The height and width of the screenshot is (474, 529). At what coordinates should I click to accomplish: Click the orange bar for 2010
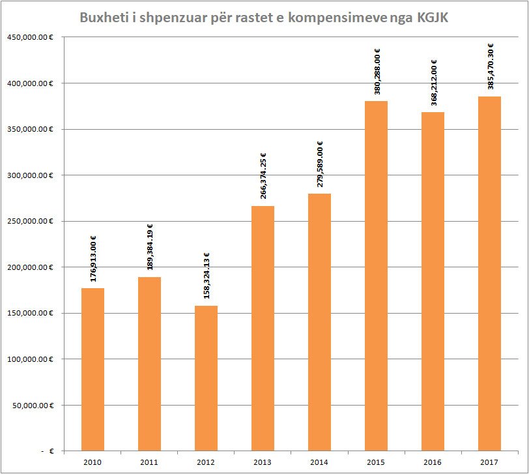(x=93, y=369)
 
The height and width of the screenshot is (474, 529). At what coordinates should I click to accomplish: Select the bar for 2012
(x=206, y=378)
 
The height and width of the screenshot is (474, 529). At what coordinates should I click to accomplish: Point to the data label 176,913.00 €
(x=93, y=259)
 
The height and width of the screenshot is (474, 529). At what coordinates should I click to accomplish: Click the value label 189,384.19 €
(x=150, y=248)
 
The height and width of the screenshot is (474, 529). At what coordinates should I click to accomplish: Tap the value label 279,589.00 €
(x=320, y=164)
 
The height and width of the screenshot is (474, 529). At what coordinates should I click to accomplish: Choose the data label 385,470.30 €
(x=490, y=66)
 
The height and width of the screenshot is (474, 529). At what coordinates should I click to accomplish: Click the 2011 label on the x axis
(x=149, y=462)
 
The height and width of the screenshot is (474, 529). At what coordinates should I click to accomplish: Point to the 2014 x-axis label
(x=319, y=462)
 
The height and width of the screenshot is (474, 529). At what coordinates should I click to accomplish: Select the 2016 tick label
(x=433, y=462)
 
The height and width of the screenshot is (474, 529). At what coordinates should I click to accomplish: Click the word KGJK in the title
(x=430, y=17)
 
